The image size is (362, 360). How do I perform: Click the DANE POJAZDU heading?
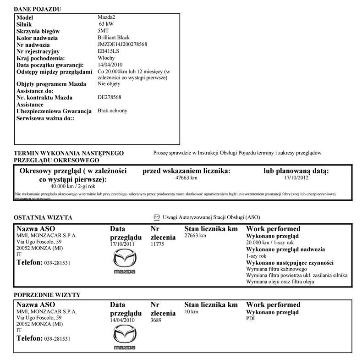(38, 9)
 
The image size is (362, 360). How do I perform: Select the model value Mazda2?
(107, 17)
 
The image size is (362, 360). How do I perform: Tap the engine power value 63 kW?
(109, 23)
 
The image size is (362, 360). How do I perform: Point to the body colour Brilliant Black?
(114, 37)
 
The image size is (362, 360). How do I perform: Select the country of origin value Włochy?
(107, 58)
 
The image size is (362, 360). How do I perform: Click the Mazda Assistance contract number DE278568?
(110, 97)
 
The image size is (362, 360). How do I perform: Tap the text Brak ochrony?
(113, 111)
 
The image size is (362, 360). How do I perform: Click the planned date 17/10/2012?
(296, 177)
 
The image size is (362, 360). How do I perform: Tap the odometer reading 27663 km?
(195, 235)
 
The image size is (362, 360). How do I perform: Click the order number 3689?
(156, 321)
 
